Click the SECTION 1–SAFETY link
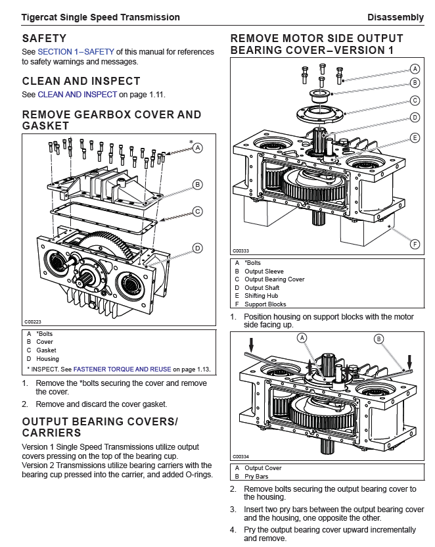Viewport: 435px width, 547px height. tap(76, 51)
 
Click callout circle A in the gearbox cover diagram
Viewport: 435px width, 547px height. tap(197, 148)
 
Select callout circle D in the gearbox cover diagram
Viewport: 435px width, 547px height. tap(197, 248)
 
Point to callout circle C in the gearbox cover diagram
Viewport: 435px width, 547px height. tap(197, 212)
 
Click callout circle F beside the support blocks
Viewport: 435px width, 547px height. tap(415, 244)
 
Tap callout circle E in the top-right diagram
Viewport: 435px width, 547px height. tap(415, 138)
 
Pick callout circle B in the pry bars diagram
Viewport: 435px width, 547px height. tap(379, 339)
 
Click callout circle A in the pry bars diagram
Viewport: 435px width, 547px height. tap(302, 337)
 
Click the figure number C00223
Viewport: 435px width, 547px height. tap(33, 321)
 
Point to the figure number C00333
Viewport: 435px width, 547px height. tap(241, 250)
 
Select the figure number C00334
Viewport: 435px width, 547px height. tap(241, 456)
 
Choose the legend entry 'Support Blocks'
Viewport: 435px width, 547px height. tap(265, 304)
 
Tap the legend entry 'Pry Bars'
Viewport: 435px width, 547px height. tap(256, 476)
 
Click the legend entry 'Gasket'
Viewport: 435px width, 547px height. tap(46, 350)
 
